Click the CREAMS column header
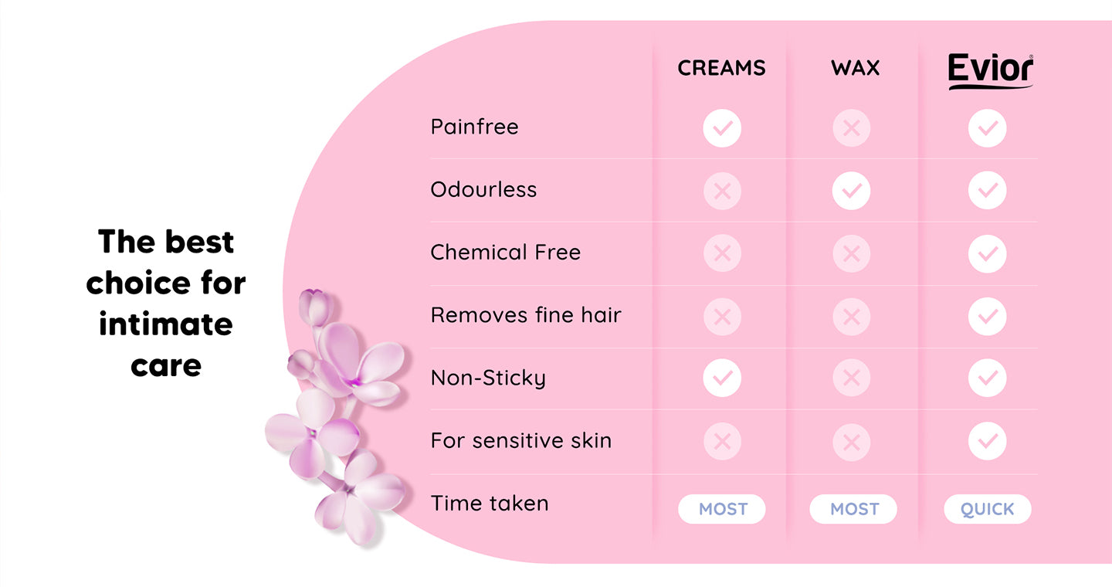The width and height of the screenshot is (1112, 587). point(721,68)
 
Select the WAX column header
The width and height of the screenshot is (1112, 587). point(856,68)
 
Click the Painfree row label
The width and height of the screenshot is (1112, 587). point(475,127)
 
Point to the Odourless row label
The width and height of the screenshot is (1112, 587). point(483,190)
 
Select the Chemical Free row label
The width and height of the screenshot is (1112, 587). point(505,253)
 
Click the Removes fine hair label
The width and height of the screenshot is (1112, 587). point(526,315)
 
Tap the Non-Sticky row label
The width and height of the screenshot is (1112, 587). point(488,378)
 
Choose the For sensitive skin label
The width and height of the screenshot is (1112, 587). point(520,440)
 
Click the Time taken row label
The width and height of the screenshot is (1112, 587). point(490,503)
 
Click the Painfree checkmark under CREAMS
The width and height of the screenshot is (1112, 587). point(722,128)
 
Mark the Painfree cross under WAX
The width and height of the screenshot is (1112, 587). point(851,128)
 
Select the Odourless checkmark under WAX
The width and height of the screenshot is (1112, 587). point(851,191)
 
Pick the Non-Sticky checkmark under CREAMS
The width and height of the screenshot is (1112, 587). point(722,378)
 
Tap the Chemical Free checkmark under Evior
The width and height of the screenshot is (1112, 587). point(988,254)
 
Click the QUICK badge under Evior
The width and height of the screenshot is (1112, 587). point(988,509)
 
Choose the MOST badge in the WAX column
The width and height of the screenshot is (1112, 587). point(853,509)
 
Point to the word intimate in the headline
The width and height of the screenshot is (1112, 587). point(166,324)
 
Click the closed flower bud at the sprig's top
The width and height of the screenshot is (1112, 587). point(315,307)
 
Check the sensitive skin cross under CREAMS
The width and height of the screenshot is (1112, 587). point(722,442)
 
